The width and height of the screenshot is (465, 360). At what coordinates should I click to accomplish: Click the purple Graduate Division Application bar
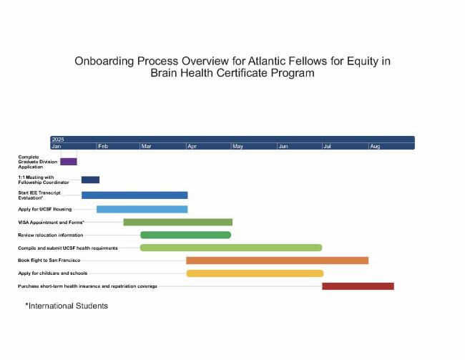coord(68,161)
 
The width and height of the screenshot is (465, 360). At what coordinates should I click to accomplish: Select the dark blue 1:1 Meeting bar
coord(90,180)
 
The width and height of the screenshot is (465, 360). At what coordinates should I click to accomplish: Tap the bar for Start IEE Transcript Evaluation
coord(134,195)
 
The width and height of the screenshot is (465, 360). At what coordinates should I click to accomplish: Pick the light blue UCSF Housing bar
coord(142,209)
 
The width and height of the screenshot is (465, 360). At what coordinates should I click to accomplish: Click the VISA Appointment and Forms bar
coord(177,222)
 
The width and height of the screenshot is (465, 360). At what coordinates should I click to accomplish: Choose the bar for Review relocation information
coord(185,235)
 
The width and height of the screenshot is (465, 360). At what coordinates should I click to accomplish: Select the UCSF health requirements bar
coord(230,248)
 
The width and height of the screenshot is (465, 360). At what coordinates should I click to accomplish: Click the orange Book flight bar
coord(277,261)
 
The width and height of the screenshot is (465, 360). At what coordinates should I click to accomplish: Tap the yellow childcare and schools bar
coord(255,273)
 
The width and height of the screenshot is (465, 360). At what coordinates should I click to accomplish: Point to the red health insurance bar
coord(358,286)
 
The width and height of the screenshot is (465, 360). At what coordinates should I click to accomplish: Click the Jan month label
coord(57,146)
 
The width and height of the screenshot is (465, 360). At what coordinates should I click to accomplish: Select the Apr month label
coord(192,146)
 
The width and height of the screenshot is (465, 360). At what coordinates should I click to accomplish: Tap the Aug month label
coord(375,146)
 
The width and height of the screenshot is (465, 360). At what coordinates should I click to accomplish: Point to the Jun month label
coord(283,146)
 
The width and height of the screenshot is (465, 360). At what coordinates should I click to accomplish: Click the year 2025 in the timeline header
coord(58,139)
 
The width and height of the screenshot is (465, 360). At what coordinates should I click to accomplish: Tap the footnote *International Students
coord(66,306)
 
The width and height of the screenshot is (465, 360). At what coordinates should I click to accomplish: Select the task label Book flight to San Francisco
coord(49,261)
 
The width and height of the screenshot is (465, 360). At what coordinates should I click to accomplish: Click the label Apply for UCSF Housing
coord(44,209)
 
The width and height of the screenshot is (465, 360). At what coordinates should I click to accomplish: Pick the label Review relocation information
coord(50,235)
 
